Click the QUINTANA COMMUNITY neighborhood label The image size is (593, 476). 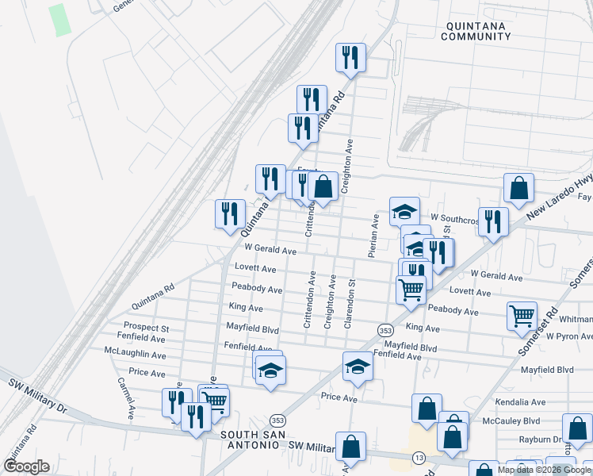click(474, 31)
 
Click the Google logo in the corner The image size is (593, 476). click(26, 466)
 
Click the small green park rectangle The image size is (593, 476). click(59, 20)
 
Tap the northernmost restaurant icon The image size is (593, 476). click(350, 59)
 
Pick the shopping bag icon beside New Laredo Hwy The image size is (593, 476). click(518, 189)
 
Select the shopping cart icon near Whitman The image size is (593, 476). click(522, 316)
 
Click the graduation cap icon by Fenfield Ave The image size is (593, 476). click(358, 367)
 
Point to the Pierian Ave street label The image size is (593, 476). click(372, 235)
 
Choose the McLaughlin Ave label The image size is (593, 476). click(135, 350)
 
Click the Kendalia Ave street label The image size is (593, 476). click(520, 402)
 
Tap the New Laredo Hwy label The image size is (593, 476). click(559, 190)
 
